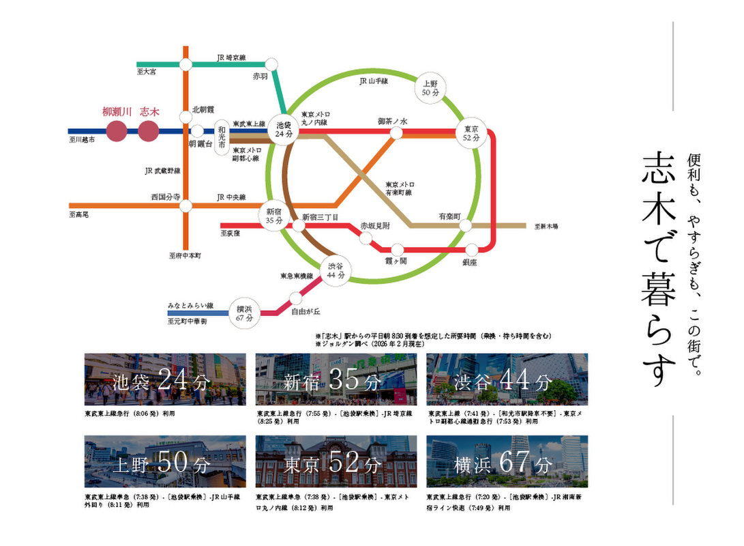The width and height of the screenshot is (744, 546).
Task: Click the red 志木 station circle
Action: coord(148,131)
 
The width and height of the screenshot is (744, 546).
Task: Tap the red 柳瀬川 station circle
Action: coord(116,131)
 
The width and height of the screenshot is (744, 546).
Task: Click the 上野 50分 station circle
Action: coord(430,87)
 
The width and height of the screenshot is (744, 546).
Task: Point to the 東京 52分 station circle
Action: coord(471,132)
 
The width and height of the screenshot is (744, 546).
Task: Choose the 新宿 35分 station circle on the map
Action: coord(274,216)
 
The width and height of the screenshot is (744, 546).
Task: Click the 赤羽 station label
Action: coord(260,77)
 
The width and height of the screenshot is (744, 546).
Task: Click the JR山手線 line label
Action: coord(374,81)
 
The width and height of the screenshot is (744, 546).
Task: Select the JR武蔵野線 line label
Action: coord(162,171)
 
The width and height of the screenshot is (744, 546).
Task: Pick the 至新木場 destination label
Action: coord(546,226)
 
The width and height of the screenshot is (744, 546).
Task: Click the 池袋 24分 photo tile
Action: coord(165,379)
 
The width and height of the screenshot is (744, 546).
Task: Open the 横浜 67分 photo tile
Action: coord(507,461)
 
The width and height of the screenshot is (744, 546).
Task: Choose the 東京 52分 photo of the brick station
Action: coord(336,461)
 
